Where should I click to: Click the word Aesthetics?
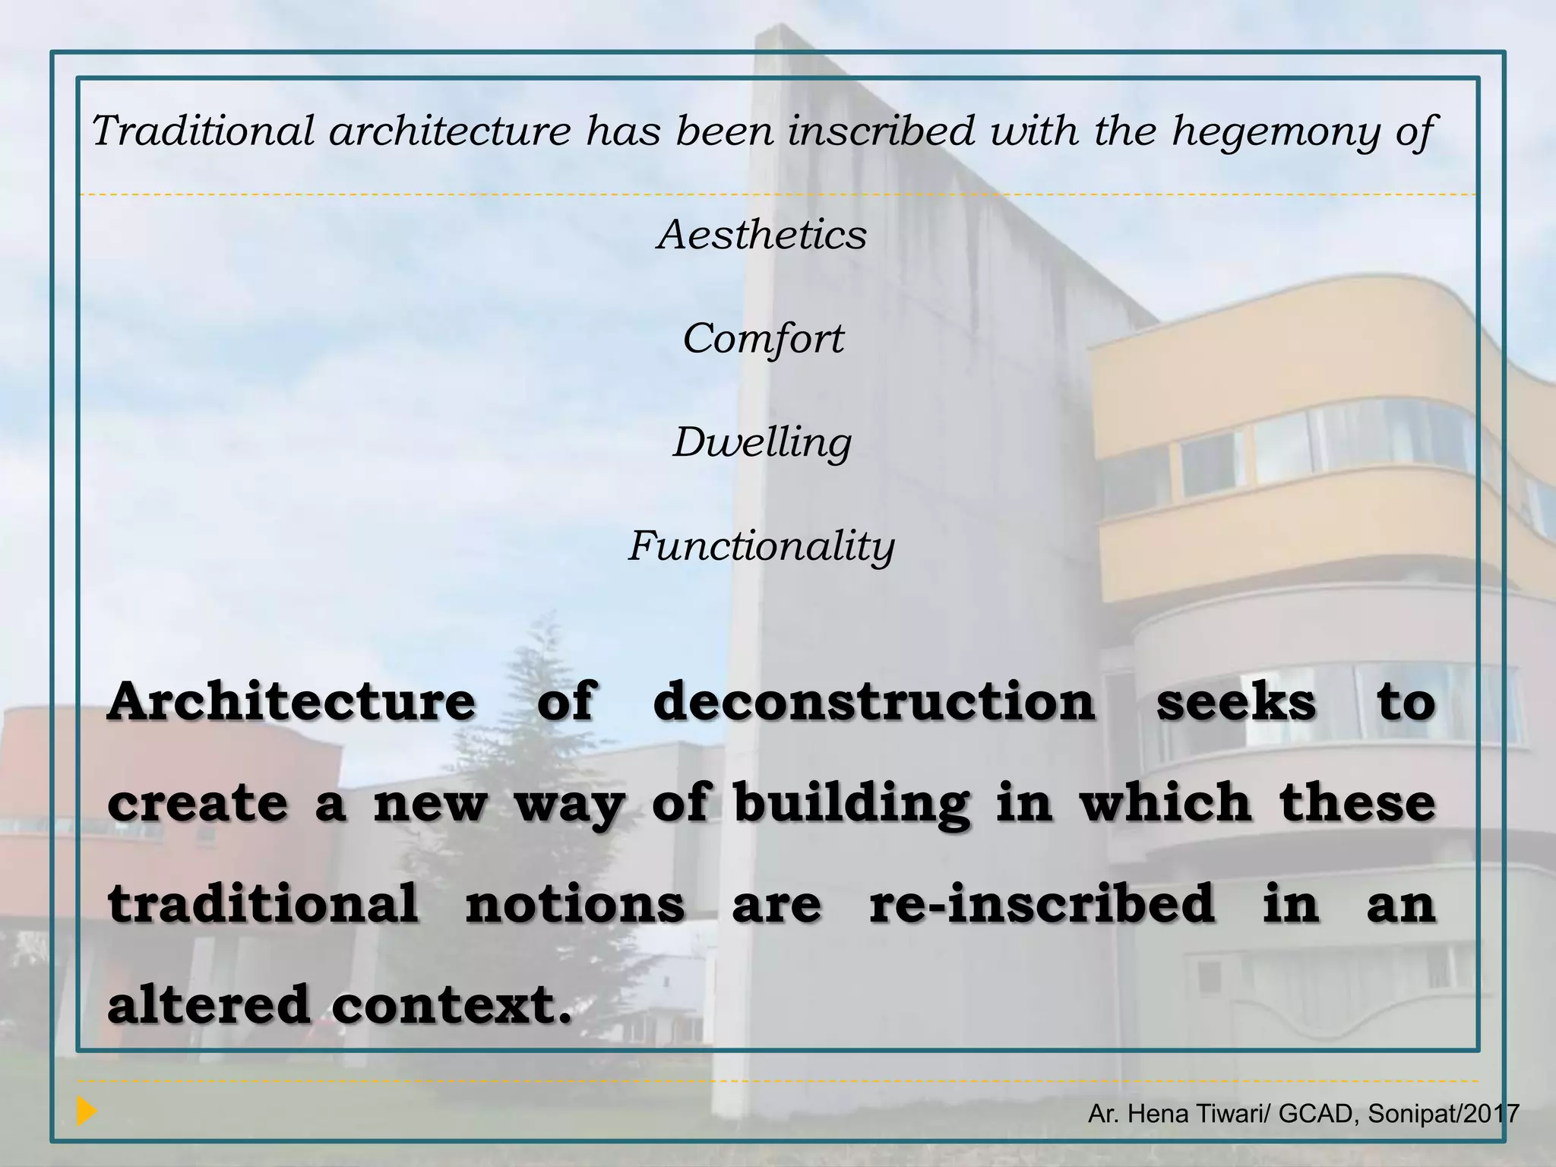point(762,234)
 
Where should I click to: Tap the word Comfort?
point(763,338)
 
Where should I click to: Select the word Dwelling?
point(762,442)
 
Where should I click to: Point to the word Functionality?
point(761,546)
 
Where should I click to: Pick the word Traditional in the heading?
point(203,131)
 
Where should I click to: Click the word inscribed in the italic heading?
point(881,131)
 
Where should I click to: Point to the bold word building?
point(851,804)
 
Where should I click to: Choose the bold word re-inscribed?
point(1042,904)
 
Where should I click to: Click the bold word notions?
point(575,904)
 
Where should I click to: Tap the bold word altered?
point(209,1004)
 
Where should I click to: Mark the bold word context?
point(451,1004)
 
